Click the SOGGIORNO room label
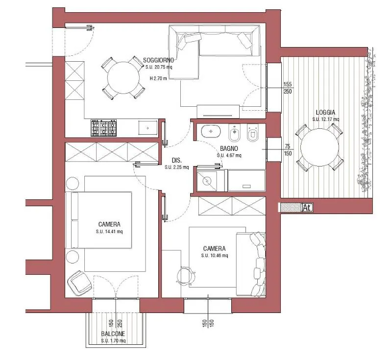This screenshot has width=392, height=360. click(x=158, y=60)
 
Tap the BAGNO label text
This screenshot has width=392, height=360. click(x=229, y=148)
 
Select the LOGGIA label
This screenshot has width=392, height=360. click(x=325, y=113)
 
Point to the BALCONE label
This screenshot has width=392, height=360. click(x=113, y=334)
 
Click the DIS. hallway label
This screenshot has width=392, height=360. click(x=177, y=160)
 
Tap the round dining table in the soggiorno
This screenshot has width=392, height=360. click(x=123, y=78)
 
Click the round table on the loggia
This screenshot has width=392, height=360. click(x=320, y=147)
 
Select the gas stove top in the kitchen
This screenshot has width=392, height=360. click(x=104, y=128)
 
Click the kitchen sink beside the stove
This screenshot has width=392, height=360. click(x=148, y=128)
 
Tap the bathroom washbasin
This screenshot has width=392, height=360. click(x=211, y=131)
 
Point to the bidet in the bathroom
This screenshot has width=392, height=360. click(x=234, y=133)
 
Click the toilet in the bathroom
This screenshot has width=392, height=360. click(x=252, y=133)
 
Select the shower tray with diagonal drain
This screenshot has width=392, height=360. click(x=207, y=180)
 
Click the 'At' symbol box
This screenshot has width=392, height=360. click(x=308, y=208)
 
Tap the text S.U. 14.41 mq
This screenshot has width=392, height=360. click(x=109, y=232)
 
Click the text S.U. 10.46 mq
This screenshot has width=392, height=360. click(x=215, y=256)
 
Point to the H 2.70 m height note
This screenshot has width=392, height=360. click(x=158, y=78)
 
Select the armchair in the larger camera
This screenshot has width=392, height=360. click(x=79, y=283)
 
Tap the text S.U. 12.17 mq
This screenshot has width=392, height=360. click(x=326, y=120)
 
